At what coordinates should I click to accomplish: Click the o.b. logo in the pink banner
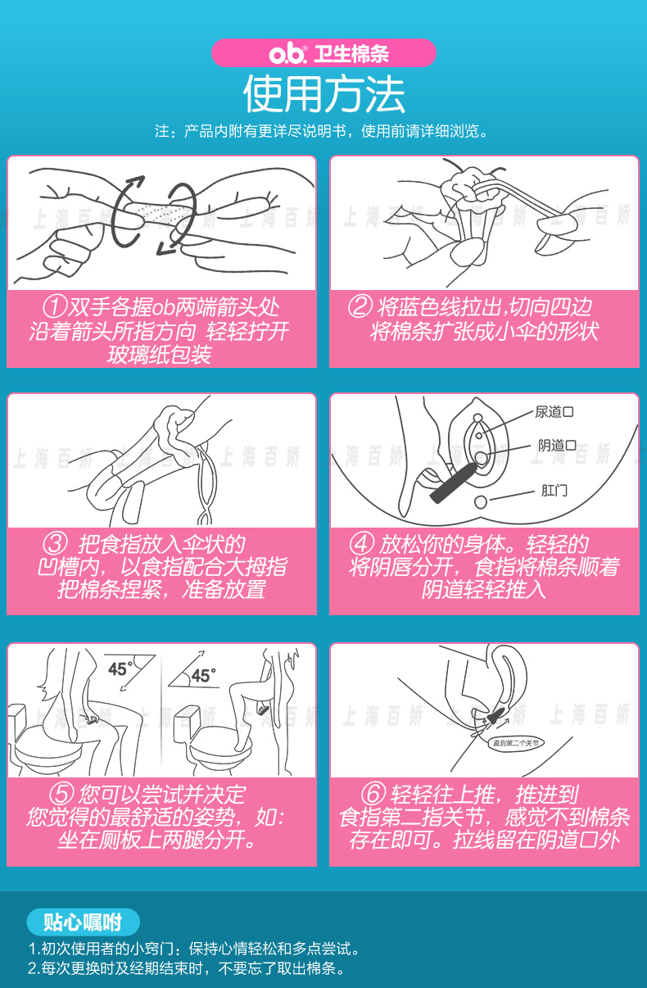tap(288, 54)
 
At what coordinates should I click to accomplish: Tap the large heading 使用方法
tap(323, 94)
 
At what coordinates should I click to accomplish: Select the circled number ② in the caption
tap(360, 308)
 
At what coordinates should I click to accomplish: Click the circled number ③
tap(55, 544)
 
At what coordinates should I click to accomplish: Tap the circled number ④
tap(361, 544)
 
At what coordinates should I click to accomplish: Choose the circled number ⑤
tap(62, 795)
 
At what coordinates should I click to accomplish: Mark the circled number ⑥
tap(373, 795)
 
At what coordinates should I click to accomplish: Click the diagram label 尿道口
tap(554, 412)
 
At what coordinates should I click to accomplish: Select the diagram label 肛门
tap(554, 492)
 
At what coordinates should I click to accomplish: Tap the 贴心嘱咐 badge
tap(82, 922)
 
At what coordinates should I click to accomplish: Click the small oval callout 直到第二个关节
tap(516, 744)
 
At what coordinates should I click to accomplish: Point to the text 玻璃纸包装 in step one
tap(161, 355)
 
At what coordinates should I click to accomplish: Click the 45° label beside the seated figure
tap(119, 668)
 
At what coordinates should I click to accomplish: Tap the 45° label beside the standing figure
tap(202, 676)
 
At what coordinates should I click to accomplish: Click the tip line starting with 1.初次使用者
tap(194, 949)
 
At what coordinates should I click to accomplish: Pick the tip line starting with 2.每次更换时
tap(186, 968)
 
